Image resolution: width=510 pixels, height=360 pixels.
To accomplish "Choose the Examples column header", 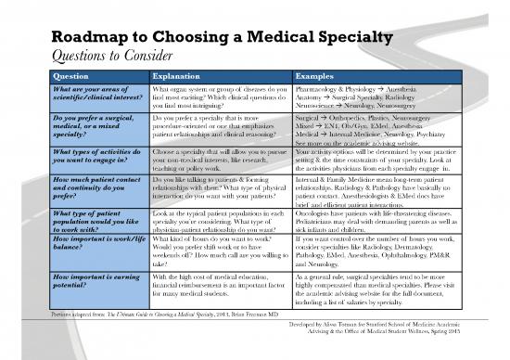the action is coord(315,75).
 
